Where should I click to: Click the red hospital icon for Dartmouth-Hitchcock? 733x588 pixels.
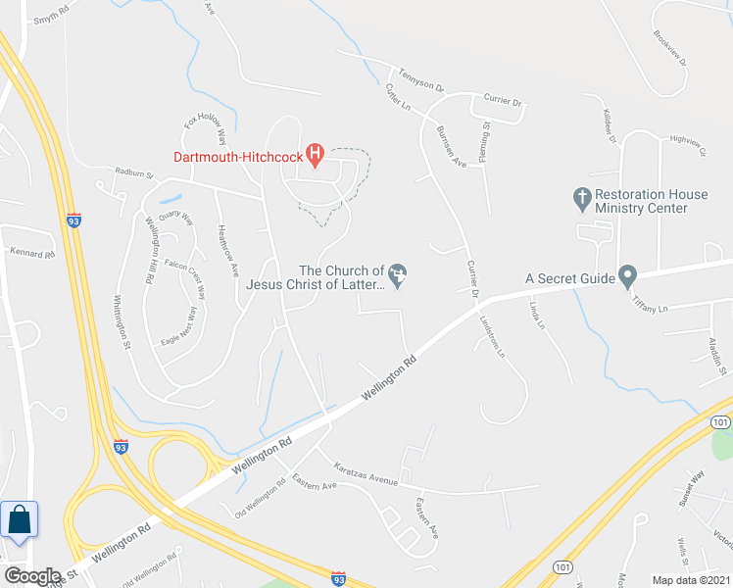315,154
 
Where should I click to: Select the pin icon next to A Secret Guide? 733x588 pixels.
629,277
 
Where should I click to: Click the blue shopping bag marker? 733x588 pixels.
20,519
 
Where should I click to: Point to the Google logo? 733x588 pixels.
31,575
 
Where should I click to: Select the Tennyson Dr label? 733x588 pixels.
422,77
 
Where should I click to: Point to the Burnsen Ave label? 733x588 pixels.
450,147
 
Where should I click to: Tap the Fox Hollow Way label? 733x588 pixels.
206,131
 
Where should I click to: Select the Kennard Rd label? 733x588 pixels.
32,252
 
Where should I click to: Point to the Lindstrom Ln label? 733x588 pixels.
492,336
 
